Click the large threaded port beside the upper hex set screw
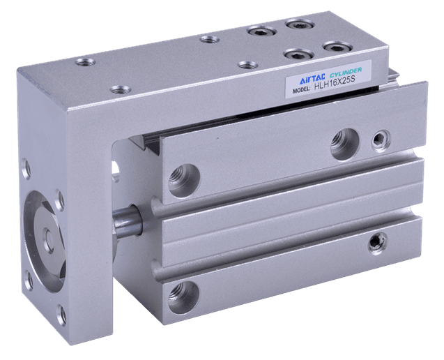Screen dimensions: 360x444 pos(344,143)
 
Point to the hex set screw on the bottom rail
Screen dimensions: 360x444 pos(379,242)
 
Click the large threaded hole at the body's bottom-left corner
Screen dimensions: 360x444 pos(183,292)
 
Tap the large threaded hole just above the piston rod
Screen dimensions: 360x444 pos(184,179)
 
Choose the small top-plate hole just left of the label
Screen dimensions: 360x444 pos(247,64)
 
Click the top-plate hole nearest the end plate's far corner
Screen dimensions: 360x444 pos(85,62)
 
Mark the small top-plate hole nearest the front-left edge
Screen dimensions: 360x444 pos(120,89)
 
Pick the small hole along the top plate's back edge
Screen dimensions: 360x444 pos(208,39)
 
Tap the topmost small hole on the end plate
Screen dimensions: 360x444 pos(26,168)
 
